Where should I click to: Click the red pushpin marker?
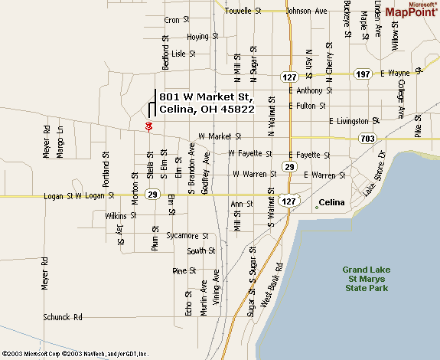[x=148, y=126]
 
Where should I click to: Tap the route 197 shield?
[x=363, y=74]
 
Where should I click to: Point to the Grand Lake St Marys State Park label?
[x=366, y=279]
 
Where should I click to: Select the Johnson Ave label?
[x=306, y=11]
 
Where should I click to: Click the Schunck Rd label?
[x=62, y=316]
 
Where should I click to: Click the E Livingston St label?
[x=354, y=121]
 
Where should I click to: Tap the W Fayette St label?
[x=251, y=153]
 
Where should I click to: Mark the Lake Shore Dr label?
[x=373, y=179]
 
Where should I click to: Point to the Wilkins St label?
[x=120, y=217]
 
